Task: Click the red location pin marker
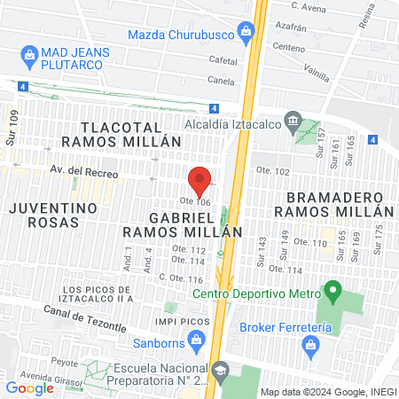[x=200, y=179]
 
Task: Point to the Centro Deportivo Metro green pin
[x=333, y=290]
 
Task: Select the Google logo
[x=29, y=387]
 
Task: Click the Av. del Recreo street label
[x=84, y=173]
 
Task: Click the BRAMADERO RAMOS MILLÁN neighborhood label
[x=332, y=203]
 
